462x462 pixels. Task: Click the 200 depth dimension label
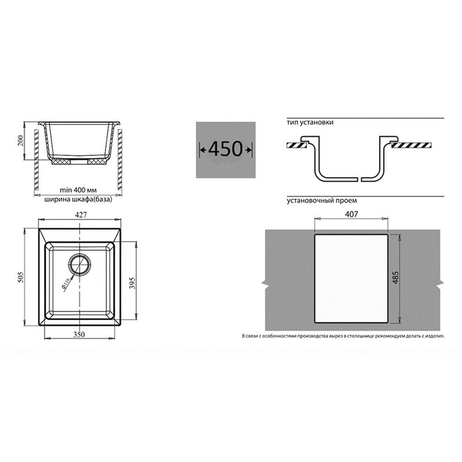21,142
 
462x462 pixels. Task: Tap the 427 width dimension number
81,215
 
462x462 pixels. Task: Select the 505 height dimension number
21,277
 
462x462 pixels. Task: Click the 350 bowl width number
79,334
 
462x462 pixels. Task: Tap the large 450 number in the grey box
225,149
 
